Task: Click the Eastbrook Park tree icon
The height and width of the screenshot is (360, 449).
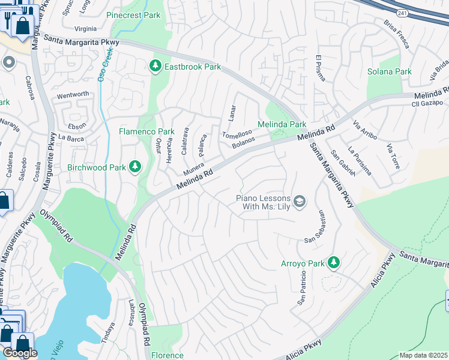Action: click(x=156, y=65)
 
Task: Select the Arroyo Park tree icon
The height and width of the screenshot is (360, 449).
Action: click(x=334, y=262)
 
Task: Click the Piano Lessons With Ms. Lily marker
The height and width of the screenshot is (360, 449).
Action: click(x=300, y=201)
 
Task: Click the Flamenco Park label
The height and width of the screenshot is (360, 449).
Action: click(x=146, y=131)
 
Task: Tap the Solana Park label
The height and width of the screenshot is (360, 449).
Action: click(x=389, y=71)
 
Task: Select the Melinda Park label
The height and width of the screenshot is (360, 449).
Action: click(x=282, y=124)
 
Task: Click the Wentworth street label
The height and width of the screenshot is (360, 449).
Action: click(x=73, y=94)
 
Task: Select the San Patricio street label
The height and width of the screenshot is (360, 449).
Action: click(x=303, y=289)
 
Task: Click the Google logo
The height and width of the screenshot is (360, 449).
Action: click(x=20, y=353)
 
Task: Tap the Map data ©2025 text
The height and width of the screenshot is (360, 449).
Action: click(x=424, y=355)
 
